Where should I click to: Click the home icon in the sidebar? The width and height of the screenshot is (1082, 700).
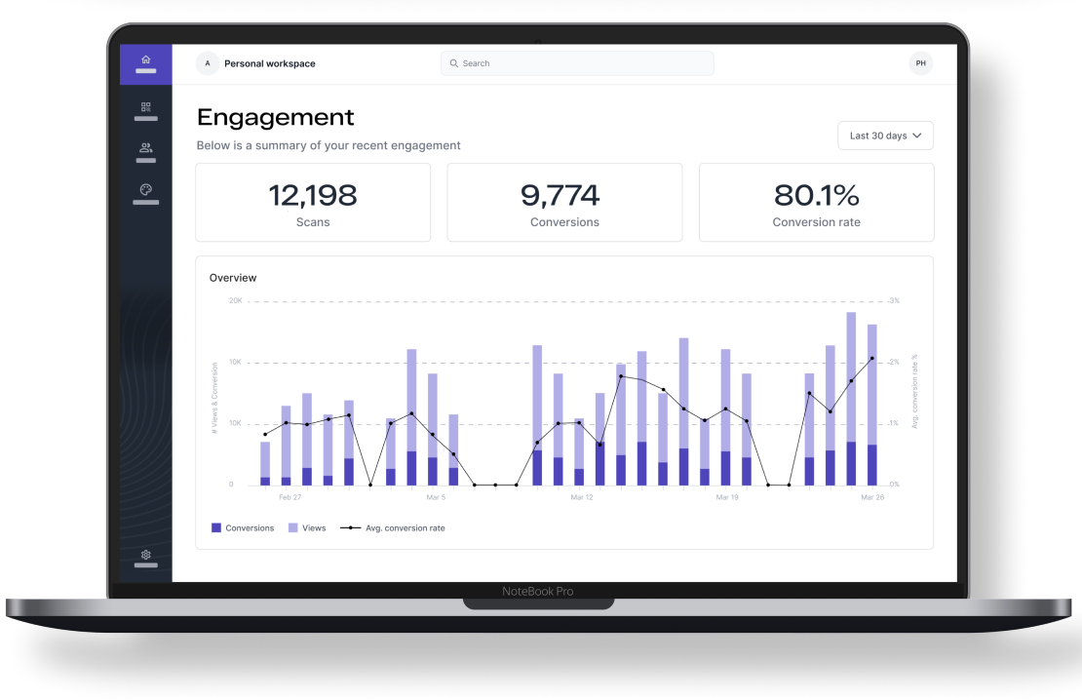click(145, 59)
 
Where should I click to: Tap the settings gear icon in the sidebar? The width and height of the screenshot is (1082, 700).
click(145, 555)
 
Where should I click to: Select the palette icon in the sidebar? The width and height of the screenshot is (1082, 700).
click(145, 189)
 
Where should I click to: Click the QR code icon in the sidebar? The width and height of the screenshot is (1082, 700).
click(145, 107)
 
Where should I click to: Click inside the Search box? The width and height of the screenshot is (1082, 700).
click(577, 63)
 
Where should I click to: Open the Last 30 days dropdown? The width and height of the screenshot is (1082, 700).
click(885, 136)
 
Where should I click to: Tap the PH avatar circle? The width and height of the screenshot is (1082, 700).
click(920, 63)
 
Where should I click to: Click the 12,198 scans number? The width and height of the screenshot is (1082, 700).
click(313, 195)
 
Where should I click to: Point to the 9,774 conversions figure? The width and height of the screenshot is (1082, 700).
click(560, 195)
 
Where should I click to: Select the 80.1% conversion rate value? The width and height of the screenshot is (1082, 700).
click(816, 195)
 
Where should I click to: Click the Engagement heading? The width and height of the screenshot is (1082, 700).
click(275, 118)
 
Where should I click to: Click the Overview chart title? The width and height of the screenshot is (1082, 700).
click(233, 278)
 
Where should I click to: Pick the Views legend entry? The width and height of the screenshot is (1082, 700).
click(307, 528)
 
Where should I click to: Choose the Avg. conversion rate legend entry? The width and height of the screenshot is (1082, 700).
click(393, 528)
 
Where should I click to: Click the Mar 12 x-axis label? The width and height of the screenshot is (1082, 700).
click(582, 497)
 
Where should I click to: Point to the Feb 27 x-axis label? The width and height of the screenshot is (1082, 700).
click(290, 497)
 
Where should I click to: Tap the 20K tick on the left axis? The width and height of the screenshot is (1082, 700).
click(235, 301)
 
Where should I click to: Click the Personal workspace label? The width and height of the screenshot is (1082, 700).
click(270, 63)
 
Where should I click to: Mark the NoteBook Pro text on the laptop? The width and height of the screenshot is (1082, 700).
click(537, 592)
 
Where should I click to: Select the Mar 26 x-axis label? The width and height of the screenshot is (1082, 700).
click(872, 497)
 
